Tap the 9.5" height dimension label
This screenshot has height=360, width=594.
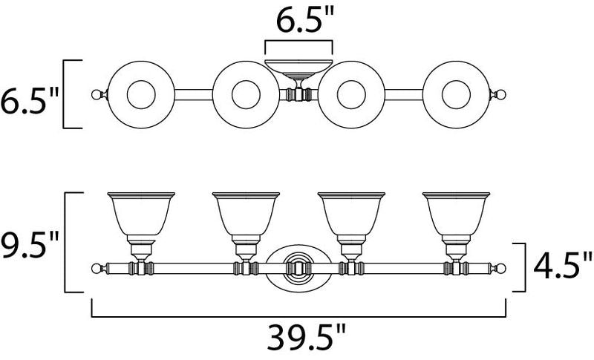pos(30,245)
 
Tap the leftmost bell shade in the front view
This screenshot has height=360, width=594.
pos(141,214)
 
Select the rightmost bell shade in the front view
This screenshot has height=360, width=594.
pos(456,214)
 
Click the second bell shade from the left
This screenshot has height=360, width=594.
pos(247,214)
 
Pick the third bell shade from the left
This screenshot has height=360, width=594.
pos(351,214)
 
